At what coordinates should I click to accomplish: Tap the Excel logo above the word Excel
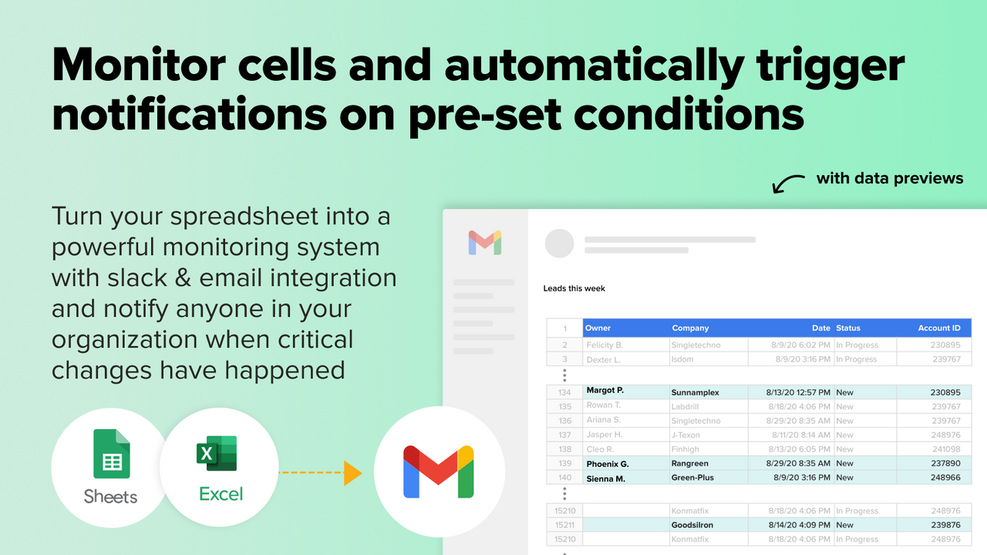click(217, 453)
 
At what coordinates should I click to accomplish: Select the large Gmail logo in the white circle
click(439, 471)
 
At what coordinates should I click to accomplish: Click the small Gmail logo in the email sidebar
click(485, 242)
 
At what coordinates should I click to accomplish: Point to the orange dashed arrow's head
click(353, 473)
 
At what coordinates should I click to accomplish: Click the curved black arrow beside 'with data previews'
click(788, 184)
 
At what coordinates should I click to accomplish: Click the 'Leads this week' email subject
click(574, 288)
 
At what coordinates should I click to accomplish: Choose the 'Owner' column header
click(598, 328)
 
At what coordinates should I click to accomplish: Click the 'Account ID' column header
click(938, 328)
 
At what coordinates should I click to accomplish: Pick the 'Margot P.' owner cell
click(605, 391)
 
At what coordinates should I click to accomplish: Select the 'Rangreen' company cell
click(689, 463)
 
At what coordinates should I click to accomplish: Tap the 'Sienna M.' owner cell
click(605, 478)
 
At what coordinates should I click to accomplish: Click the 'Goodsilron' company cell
click(692, 525)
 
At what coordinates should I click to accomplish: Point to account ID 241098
click(945, 449)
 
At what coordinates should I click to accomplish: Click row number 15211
click(565, 525)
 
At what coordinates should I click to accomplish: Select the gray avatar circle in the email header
click(559, 243)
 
